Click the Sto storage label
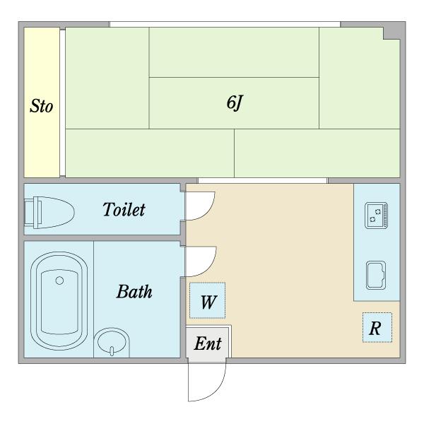(x=41, y=106)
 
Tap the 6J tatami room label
(x=235, y=102)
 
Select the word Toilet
(x=124, y=209)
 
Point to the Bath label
(x=134, y=291)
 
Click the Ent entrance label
(x=208, y=343)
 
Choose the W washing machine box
(x=207, y=300)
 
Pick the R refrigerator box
(x=377, y=327)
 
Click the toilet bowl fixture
(x=54, y=213)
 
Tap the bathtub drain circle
(x=59, y=281)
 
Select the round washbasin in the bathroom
(x=112, y=341)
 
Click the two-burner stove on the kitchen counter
(x=376, y=216)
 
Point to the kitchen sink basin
(x=376, y=276)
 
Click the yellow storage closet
(x=42, y=102)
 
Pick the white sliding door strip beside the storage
(x=62, y=102)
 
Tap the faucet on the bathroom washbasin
(x=112, y=351)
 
